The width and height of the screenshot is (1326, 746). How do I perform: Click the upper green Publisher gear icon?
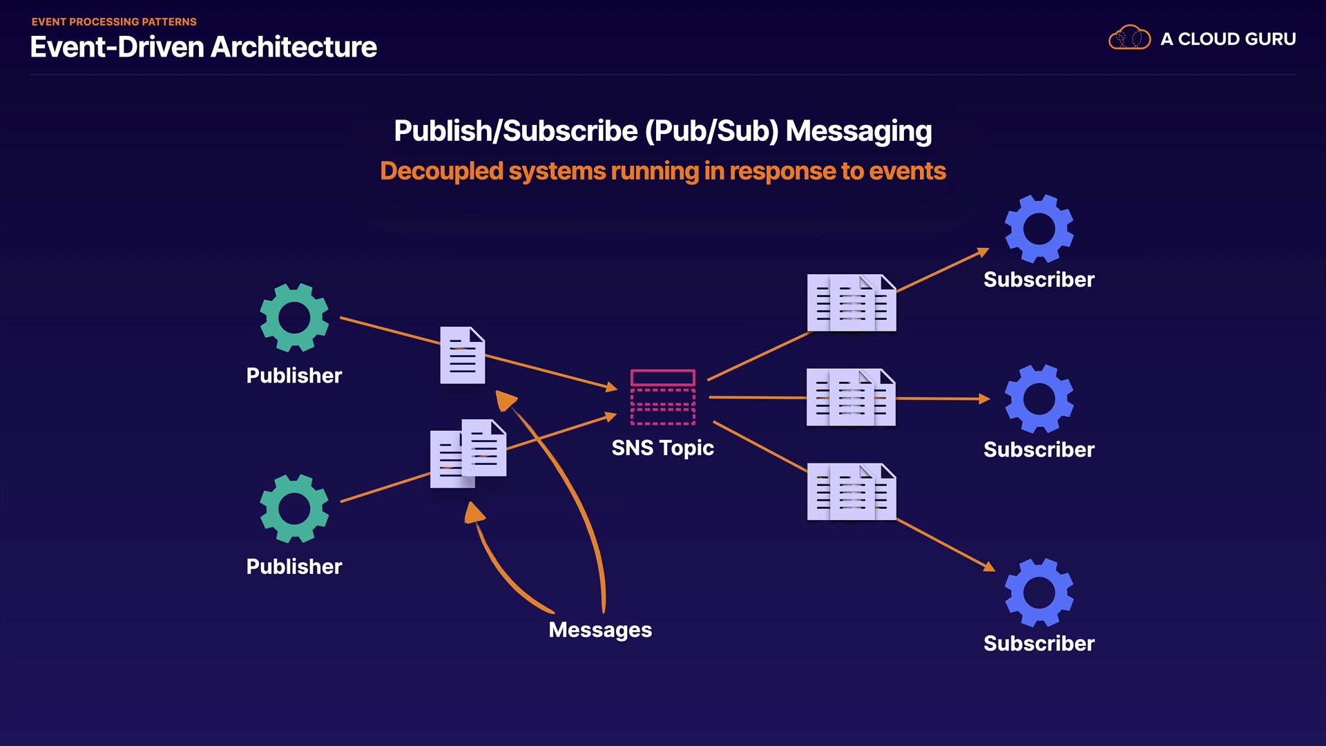click(294, 318)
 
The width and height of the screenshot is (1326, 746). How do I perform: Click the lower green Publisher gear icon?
click(294, 508)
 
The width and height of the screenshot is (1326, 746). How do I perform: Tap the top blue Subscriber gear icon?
click(1039, 229)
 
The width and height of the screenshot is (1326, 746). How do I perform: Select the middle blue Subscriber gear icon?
click(1039, 399)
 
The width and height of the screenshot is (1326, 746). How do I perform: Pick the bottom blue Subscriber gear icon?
click(1039, 593)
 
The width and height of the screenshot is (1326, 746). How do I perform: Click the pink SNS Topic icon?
click(662, 397)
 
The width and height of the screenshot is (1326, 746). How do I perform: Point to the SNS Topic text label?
click(662, 448)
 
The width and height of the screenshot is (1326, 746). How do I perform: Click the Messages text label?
click(600, 630)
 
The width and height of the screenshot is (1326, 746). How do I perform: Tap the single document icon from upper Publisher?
click(463, 355)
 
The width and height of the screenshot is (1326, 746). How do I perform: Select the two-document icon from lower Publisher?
click(468, 453)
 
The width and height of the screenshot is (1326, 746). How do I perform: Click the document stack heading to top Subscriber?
click(852, 303)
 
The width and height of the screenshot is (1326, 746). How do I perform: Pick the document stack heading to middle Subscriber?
click(851, 397)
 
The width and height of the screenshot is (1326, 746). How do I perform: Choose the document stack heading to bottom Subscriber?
click(852, 492)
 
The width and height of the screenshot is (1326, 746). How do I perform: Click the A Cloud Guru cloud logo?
click(1129, 37)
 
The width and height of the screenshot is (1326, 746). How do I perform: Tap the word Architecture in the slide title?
click(294, 47)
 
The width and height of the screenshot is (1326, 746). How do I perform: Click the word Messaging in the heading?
click(858, 131)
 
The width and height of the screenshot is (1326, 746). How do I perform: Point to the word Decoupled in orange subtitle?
click(441, 171)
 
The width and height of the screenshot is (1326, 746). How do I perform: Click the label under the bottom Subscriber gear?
click(1039, 644)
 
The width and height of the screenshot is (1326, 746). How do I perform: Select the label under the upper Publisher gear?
click(294, 376)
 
